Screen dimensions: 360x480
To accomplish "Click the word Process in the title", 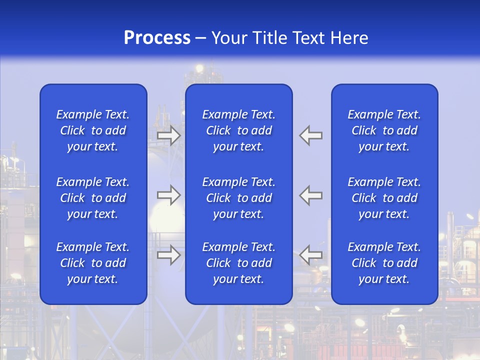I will pos(157,38).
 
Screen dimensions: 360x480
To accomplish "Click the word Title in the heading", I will pos(270,38).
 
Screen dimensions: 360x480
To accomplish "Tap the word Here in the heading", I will pos(349,38).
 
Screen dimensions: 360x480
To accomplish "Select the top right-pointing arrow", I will pos(169,135).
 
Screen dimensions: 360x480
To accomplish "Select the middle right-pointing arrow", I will pos(169,195).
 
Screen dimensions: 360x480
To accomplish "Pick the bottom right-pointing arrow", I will pos(169,255).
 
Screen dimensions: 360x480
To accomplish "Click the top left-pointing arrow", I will pos(311,135).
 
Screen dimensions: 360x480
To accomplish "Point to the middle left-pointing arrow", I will pos(311,195).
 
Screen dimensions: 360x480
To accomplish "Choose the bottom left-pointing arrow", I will pos(311,255).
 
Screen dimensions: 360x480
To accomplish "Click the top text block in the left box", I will pos(93,130).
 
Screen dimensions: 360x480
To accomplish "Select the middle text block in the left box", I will pos(93,198).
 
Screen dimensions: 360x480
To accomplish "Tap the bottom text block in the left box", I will pos(93,263).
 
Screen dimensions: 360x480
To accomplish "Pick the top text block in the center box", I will pos(239,130).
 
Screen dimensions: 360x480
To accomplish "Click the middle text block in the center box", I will pos(239,198).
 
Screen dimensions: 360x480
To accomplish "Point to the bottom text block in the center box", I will pos(239,263).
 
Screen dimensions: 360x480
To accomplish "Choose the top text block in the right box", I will pos(384,130).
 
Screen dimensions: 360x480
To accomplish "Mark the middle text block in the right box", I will pos(384,198).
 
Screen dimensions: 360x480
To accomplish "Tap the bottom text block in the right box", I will pos(384,263).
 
